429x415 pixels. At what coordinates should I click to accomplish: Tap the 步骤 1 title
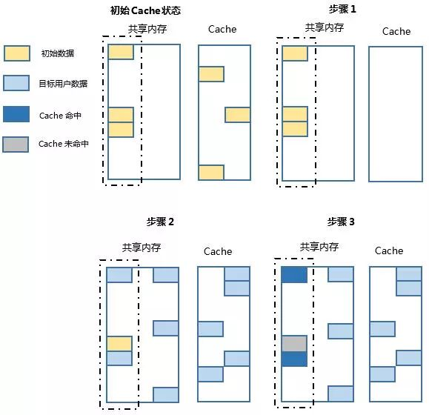coord(342,9)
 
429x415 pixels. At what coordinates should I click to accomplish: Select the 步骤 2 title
coord(161,222)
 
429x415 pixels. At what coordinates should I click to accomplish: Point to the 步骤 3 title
coord(341,222)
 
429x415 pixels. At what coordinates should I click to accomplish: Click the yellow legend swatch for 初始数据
coord(17,54)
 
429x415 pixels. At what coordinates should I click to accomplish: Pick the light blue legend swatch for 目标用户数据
coord(17,84)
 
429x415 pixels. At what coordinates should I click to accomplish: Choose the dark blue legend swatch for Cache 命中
coord(17,114)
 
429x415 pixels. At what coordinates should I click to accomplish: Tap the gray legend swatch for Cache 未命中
coord(17,144)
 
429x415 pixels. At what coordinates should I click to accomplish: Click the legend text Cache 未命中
coord(64,145)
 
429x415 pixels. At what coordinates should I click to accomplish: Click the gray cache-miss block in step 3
coord(293,344)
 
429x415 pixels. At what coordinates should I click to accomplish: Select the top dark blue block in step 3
coord(293,275)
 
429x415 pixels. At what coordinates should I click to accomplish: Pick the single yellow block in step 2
coord(119,344)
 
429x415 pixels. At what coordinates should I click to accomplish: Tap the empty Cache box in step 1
coord(395,113)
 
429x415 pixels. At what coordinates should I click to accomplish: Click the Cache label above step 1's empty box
coord(396,31)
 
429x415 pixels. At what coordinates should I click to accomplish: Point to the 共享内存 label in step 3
coord(319,247)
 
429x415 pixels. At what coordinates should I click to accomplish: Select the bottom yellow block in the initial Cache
coord(211,172)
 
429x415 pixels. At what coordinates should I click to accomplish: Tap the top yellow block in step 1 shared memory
coord(294,53)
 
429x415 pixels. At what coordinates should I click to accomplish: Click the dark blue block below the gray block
coord(293,359)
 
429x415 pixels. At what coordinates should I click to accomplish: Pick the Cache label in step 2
coord(218,251)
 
